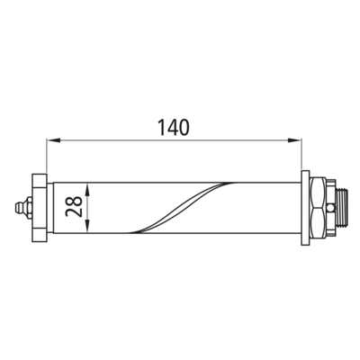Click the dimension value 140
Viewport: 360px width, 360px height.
(x=174, y=127)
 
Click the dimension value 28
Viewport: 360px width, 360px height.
(x=74, y=206)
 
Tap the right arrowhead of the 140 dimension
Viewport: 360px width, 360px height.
(x=294, y=139)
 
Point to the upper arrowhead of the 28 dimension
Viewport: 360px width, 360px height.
(x=87, y=190)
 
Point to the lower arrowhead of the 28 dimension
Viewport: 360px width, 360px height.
(x=87, y=226)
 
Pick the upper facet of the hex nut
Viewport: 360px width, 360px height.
(x=318, y=192)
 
